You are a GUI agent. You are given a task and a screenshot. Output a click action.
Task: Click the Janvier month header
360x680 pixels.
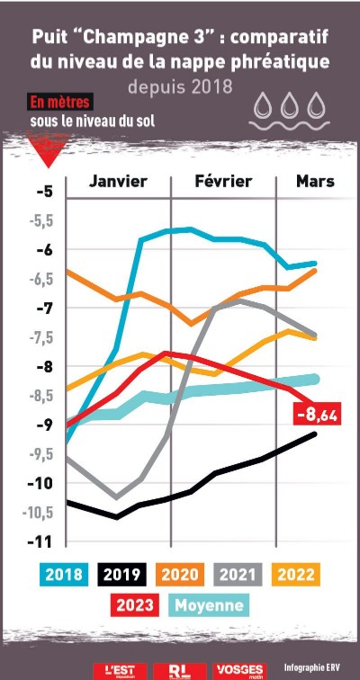[x=118, y=181]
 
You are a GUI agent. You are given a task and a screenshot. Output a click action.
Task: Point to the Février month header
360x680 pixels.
[x=223, y=181]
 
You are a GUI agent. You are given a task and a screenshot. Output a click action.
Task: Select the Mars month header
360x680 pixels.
[x=315, y=181]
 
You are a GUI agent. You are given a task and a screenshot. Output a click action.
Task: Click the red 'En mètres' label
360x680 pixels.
[x=60, y=102]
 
